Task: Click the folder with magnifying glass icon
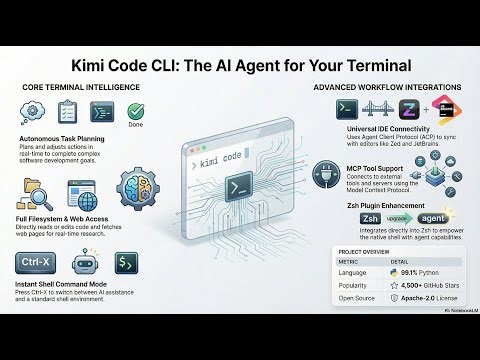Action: pyautogui.click(x=35, y=190)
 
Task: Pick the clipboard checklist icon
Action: pyautogui.click(x=88, y=113)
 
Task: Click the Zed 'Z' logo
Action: pyautogui.click(x=410, y=109)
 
